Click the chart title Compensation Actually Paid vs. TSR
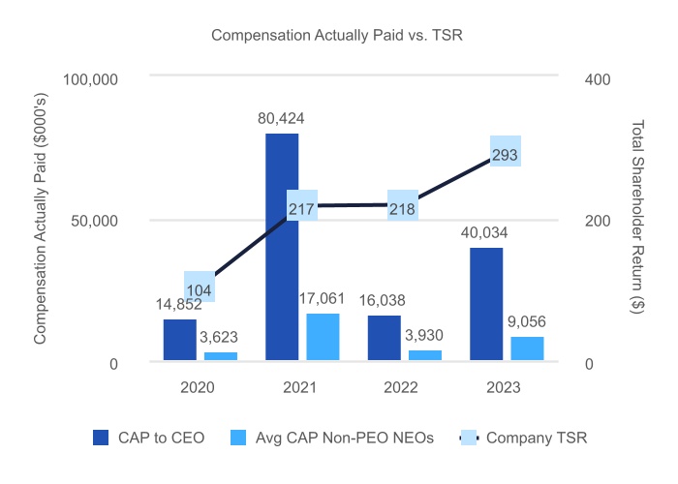click(x=338, y=37)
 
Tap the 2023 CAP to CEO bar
click(x=486, y=305)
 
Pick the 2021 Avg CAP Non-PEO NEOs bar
click(x=323, y=338)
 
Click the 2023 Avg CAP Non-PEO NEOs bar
click(x=527, y=349)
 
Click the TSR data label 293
click(x=506, y=152)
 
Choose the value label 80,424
click(x=282, y=120)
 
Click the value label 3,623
click(x=220, y=338)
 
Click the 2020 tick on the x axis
click(x=200, y=386)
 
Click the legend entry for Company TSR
click(x=522, y=438)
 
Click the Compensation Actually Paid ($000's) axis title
click(x=40, y=221)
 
